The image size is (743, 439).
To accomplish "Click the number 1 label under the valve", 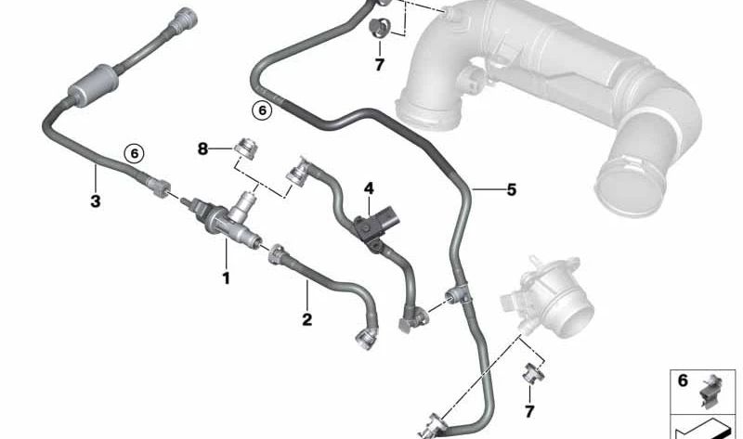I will coord(224,277).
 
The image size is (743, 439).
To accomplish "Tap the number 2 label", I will coord(306,319).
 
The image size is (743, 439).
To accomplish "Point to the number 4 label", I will coord(369,188).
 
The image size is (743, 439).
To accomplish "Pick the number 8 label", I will coord(202,148).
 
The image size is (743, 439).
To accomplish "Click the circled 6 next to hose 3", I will coord(136,153).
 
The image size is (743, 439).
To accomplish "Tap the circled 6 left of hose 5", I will coord(262,110).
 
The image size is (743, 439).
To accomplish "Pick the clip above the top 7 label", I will coord(381,27).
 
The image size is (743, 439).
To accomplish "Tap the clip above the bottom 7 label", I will coord(531,374).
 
